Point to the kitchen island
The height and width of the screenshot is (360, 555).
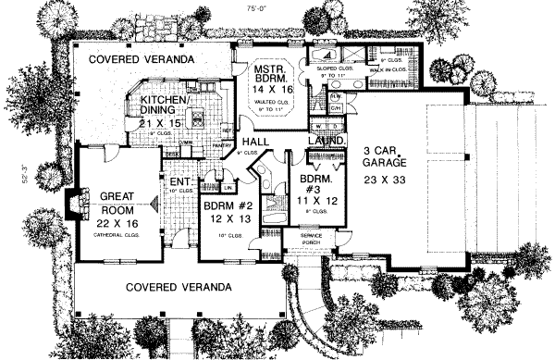click(x=197, y=118)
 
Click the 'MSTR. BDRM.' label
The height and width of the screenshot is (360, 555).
click(x=275, y=74)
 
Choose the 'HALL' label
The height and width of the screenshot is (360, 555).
click(x=254, y=142)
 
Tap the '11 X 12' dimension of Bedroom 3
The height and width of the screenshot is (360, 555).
click(x=312, y=198)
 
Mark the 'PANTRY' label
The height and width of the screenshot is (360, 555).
click(x=221, y=144)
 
